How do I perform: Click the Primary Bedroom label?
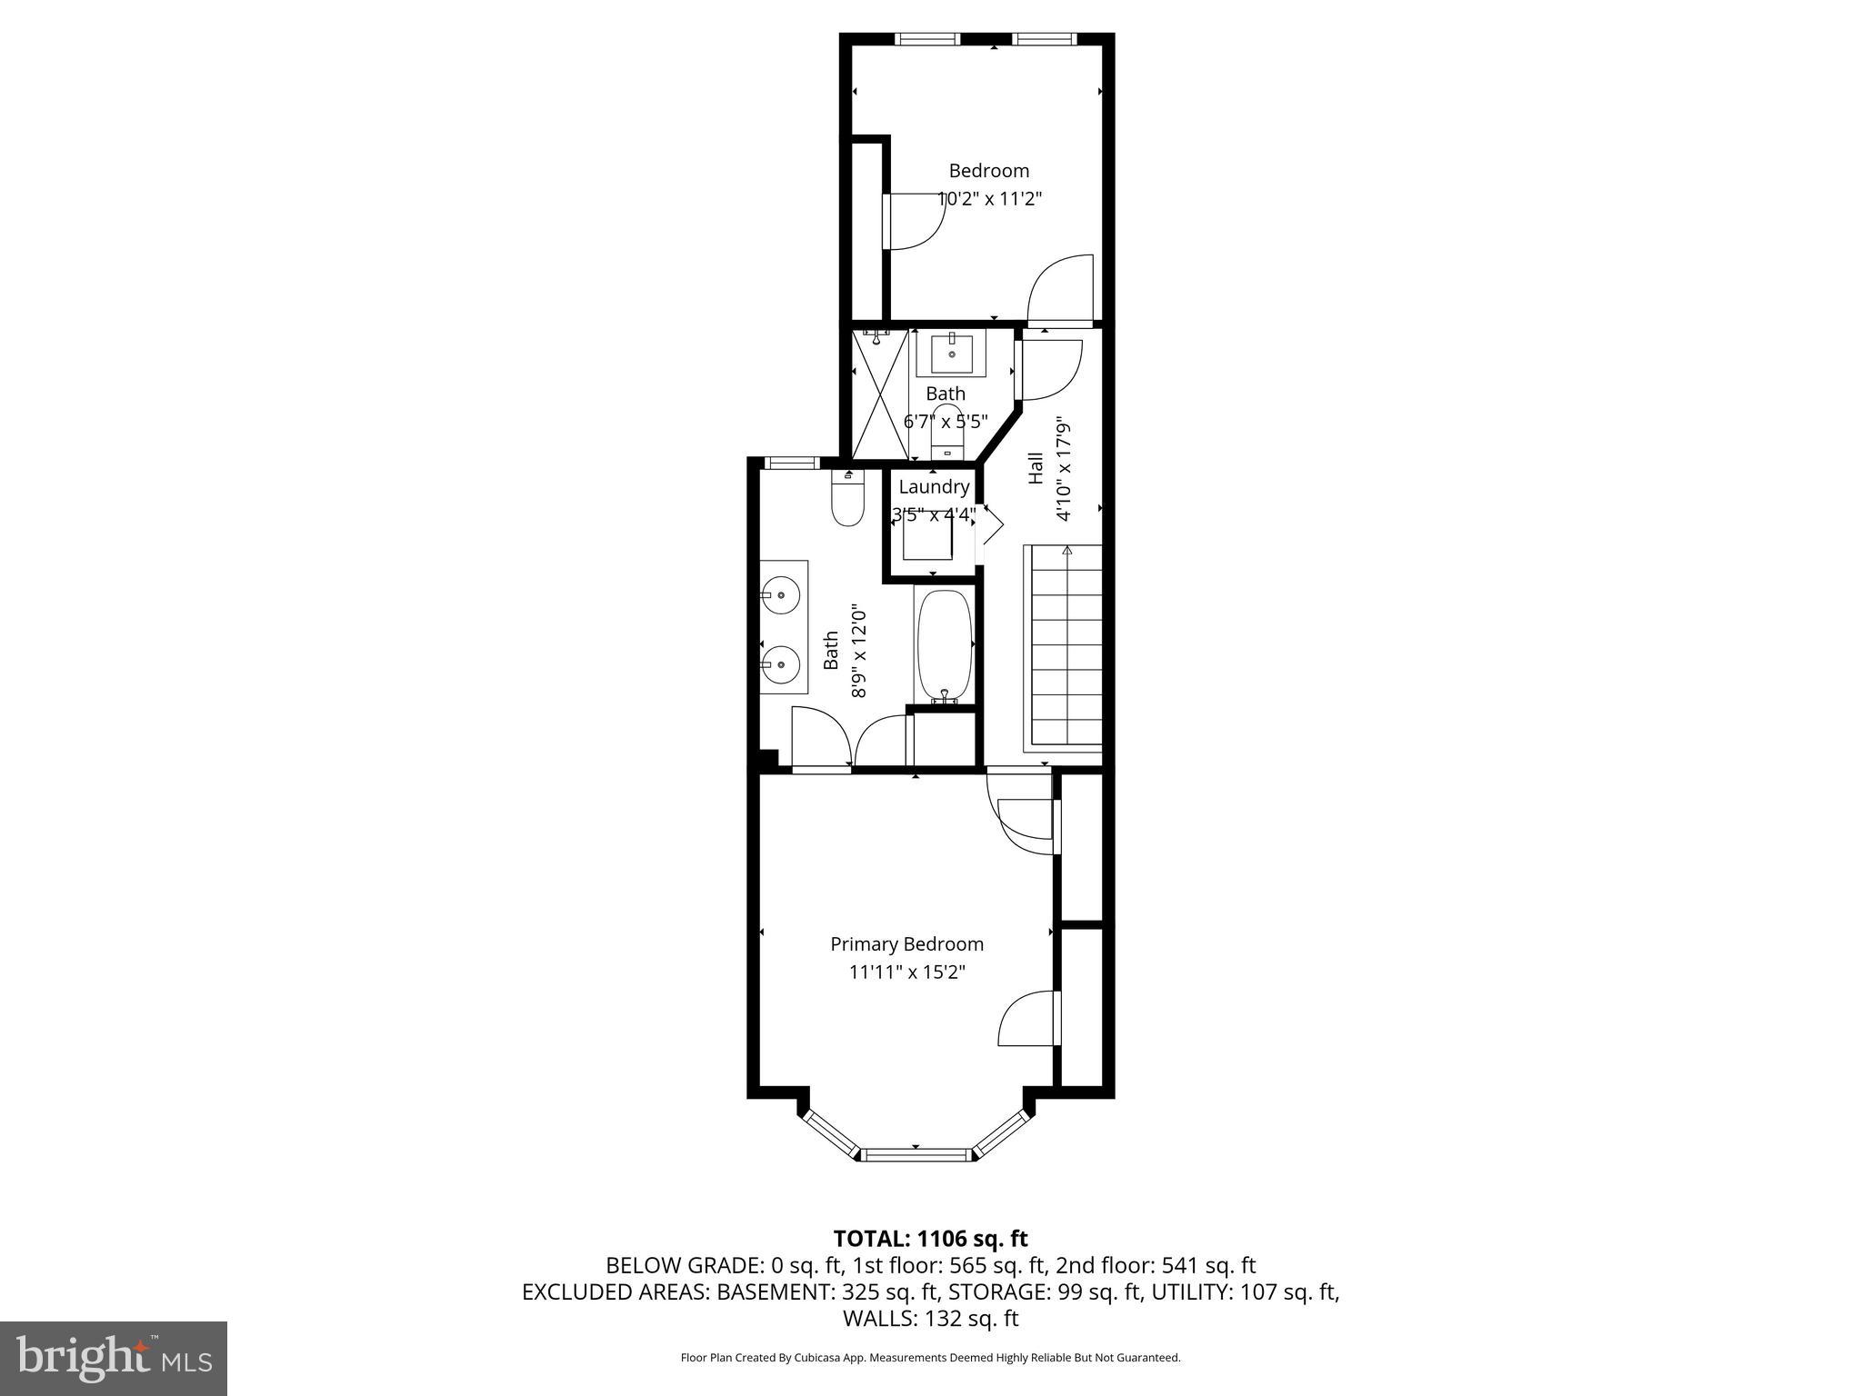tap(906, 944)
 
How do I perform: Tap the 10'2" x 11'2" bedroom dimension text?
tap(989, 198)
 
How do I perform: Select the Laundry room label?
tap(934, 487)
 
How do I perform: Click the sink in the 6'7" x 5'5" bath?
tap(952, 354)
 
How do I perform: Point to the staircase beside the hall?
tap(1063, 649)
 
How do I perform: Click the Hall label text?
tap(1036, 468)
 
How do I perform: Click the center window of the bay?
tap(916, 1155)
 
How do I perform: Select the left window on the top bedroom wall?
tap(926, 39)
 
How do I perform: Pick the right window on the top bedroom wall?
tap(1044, 39)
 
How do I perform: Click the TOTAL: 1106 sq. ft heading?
tap(930, 1239)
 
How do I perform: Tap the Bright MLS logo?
tap(114, 1358)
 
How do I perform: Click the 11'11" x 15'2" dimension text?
tap(906, 972)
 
